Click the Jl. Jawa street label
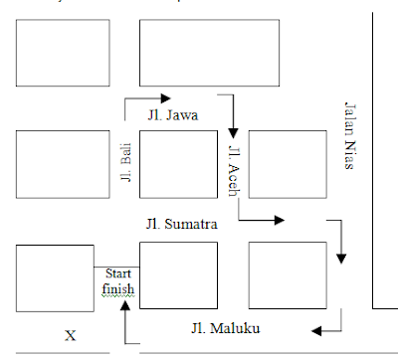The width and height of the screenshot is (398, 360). [x=173, y=115]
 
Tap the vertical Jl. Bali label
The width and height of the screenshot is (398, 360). [x=124, y=163]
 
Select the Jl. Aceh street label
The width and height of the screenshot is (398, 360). [x=235, y=170]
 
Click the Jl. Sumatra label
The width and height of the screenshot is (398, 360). [x=180, y=224]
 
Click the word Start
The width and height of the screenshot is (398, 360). [x=118, y=273]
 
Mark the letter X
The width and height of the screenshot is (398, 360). [x=70, y=335]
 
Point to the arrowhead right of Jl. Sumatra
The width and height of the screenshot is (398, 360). [x=285, y=218]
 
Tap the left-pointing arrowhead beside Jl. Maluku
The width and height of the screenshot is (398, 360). [x=315, y=330]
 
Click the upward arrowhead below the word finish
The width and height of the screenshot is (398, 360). [x=126, y=306]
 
